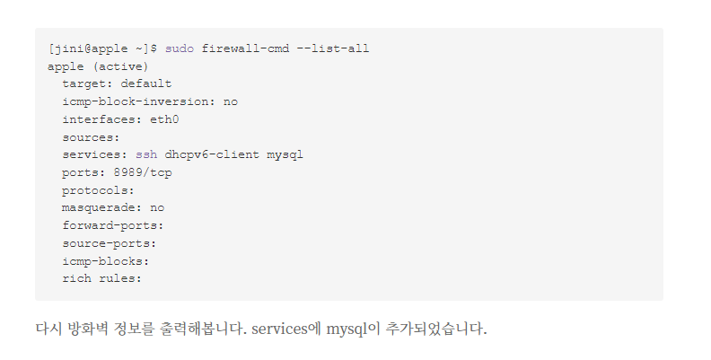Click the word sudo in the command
(179, 48)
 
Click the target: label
(88, 83)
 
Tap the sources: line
(91, 137)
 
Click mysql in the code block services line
(285, 154)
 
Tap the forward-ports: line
(113, 225)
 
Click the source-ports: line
(110, 243)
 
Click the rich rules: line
(102, 278)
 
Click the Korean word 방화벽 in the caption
(89, 329)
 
